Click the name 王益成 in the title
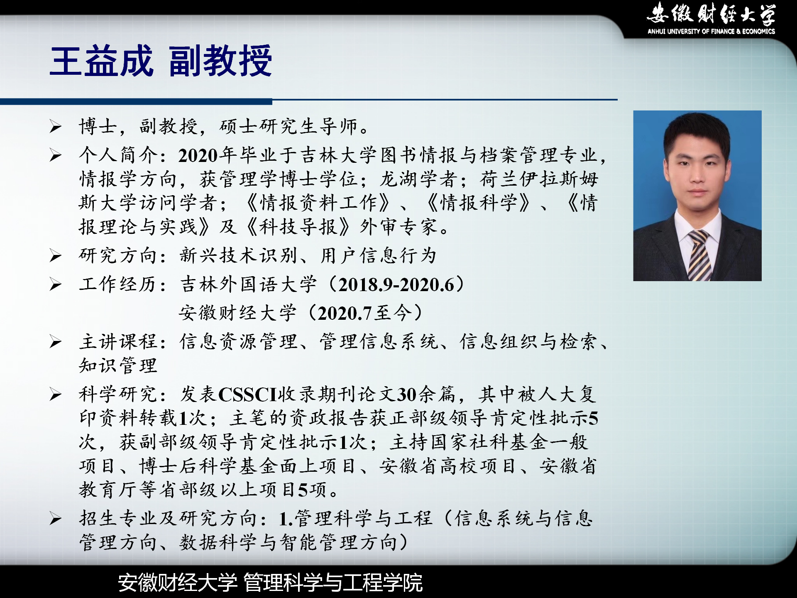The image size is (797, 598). (x=102, y=61)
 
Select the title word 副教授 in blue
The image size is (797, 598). (x=220, y=61)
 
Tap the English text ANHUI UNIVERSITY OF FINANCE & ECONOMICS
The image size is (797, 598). (x=711, y=31)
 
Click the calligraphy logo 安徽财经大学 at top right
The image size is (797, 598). (x=711, y=13)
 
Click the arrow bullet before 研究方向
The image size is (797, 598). (x=56, y=255)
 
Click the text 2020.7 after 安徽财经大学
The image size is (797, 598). (x=345, y=314)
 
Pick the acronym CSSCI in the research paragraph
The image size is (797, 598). (x=247, y=395)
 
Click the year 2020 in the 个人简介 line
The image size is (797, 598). (x=198, y=156)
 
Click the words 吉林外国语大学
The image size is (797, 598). (x=248, y=285)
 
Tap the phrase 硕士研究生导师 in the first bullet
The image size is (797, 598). (x=288, y=126)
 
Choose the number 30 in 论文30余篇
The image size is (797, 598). (x=407, y=395)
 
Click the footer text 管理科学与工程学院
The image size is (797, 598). (x=333, y=582)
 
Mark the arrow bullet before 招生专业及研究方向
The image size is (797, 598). (x=56, y=518)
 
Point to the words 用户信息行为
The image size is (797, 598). (x=378, y=255)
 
